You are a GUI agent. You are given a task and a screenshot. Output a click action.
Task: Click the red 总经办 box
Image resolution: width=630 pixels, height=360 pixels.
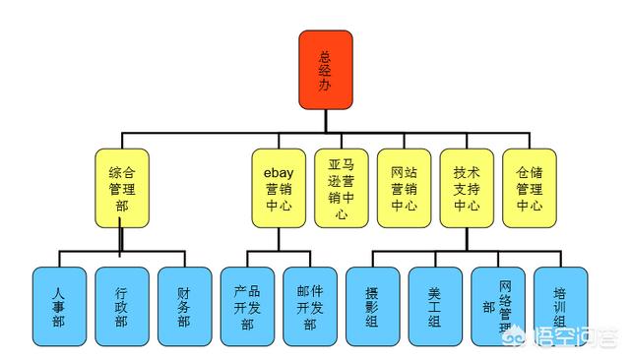click(x=326, y=70)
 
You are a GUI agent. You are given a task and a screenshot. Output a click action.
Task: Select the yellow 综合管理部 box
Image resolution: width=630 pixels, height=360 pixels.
click(x=122, y=188)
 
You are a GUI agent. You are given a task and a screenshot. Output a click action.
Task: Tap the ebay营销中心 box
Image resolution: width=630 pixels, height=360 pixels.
click(x=278, y=188)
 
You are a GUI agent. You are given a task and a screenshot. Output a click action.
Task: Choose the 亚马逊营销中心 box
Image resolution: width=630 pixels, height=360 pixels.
click(x=341, y=188)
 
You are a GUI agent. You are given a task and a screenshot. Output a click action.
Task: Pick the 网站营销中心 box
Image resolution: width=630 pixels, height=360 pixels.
click(x=404, y=188)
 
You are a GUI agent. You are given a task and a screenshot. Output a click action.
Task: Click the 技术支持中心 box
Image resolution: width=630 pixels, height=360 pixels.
click(x=467, y=188)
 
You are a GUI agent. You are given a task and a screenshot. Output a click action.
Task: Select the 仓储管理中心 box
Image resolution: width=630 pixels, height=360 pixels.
click(x=530, y=188)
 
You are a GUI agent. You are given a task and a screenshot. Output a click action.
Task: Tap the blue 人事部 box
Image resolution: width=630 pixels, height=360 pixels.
click(x=58, y=308)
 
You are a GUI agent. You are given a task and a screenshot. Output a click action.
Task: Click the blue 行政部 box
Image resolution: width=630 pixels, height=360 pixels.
click(x=121, y=308)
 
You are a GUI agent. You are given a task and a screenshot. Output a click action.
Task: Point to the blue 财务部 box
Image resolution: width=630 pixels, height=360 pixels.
click(x=184, y=308)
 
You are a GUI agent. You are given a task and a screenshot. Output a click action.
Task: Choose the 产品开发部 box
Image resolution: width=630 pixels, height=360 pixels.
click(x=247, y=308)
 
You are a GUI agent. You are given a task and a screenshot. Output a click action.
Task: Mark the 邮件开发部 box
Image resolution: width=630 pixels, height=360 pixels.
click(x=310, y=308)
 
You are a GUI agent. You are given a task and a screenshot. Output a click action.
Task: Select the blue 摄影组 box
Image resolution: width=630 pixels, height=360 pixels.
click(x=372, y=308)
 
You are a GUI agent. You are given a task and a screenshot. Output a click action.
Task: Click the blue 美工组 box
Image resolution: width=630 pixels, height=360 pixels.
click(x=435, y=308)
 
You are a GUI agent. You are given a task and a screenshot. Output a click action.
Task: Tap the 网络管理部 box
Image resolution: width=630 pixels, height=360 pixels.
click(x=498, y=308)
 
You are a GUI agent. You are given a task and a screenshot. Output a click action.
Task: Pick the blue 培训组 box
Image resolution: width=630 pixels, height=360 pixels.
click(x=560, y=308)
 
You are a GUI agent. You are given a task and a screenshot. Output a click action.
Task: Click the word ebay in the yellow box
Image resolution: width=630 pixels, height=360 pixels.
click(x=278, y=160)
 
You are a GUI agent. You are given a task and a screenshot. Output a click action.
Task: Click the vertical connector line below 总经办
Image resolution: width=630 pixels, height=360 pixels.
click(x=326, y=121)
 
